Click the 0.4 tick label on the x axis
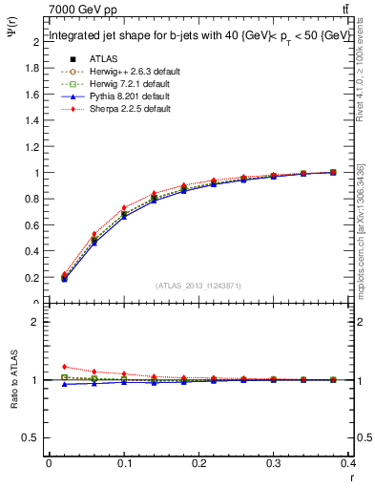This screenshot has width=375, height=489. [349, 464]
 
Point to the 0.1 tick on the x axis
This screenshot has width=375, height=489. [124, 464]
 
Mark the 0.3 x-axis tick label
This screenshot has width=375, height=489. [274, 464]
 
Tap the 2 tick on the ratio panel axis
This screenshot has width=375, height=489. [36, 322]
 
